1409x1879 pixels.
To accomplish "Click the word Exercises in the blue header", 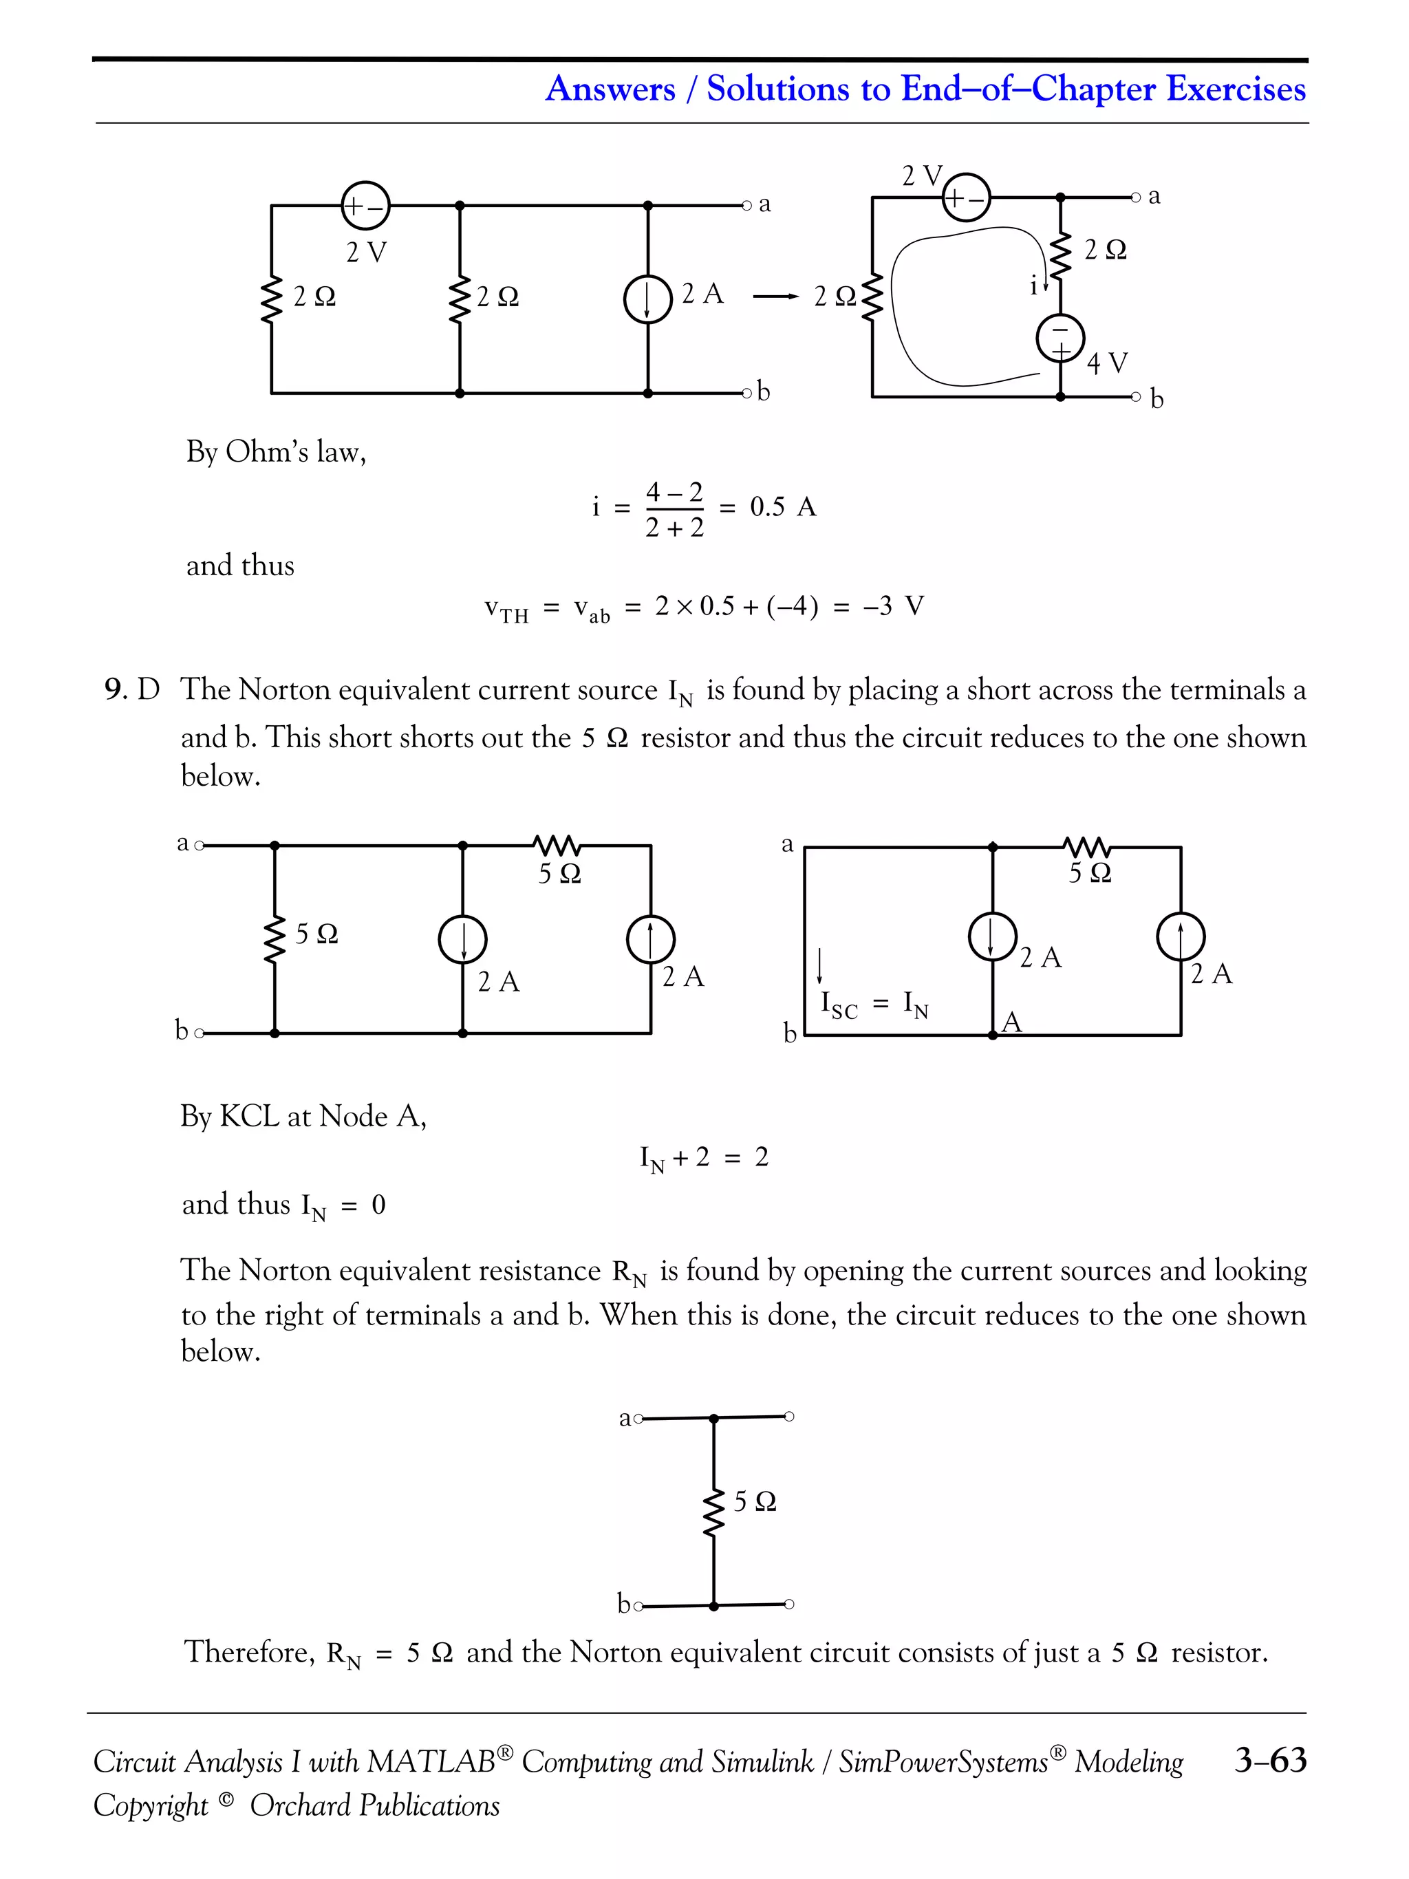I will click(1236, 88).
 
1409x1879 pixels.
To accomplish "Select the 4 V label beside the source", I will click(1107, 363).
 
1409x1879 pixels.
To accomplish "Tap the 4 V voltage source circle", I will click(1060, 338).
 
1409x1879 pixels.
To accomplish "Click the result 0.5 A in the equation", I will click(782, 507).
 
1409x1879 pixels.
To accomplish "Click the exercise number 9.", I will click(116, 689).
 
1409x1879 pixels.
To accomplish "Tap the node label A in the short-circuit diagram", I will click(1011, 1022).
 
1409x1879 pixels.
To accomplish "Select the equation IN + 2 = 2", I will click(703, 1158).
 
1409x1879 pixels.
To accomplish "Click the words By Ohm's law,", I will click(276, 452).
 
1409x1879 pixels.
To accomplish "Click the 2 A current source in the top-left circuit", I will click(648, 300).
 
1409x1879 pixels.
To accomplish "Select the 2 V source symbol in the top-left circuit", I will click(365, 206).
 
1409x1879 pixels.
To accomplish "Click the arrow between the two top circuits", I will click(775, 297).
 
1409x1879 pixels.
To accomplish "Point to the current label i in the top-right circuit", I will click(1033, 287).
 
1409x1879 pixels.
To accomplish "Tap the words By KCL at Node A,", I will click(303, 1116).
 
